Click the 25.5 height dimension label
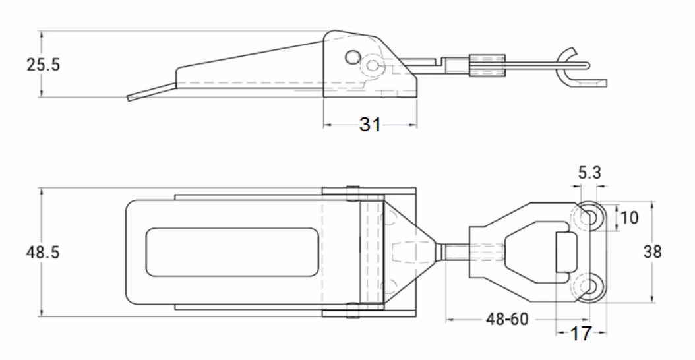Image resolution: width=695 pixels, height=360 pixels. point(43,65)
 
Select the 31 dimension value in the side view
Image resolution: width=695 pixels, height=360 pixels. point(370,125)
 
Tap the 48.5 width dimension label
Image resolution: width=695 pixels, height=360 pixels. point(43,253)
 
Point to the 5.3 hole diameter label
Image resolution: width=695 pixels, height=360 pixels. point(589,173)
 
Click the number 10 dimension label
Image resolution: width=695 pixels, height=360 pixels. point(630,218)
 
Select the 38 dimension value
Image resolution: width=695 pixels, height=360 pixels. point(652,252)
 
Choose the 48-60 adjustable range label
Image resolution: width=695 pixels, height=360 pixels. point(508,318)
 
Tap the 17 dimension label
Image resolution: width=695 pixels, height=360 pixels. point(581,334)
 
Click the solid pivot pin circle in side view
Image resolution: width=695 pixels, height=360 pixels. point(353,57)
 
